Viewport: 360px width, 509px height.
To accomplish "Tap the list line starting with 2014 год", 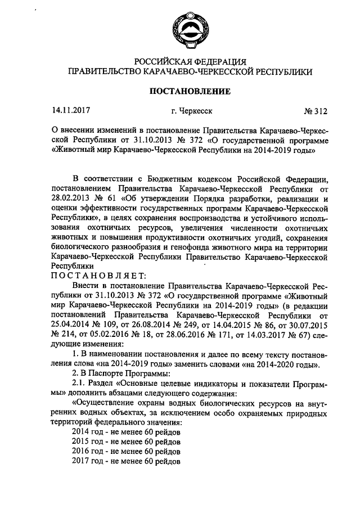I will (x=127, y=431).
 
